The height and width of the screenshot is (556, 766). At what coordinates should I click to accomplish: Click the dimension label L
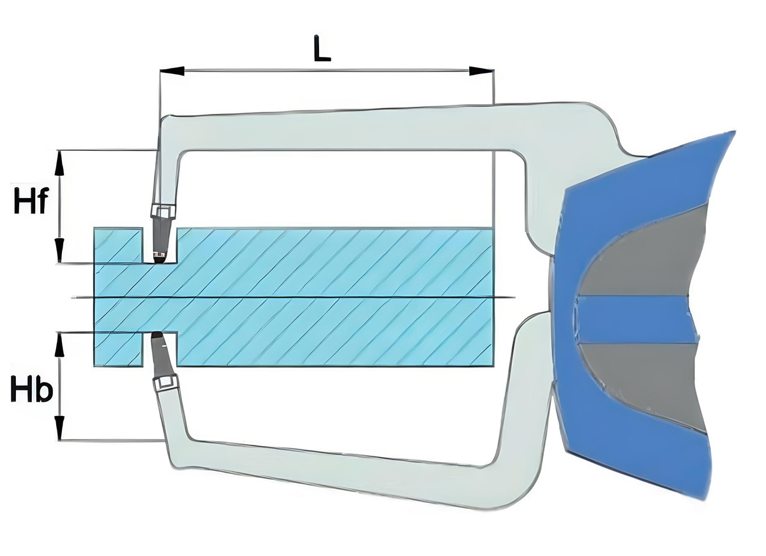click(x=322, y=49)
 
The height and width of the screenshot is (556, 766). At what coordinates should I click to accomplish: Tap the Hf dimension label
click(x=30, y=201)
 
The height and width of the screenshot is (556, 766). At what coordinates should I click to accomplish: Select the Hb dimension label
click(x=31, y=388)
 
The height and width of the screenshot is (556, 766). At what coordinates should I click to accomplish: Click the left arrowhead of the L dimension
click(x=172, y=71)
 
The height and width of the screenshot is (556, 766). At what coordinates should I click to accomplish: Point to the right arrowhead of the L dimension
click(x=481, y=71)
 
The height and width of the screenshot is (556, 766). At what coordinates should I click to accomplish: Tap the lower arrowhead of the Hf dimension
click(x=60, y=251)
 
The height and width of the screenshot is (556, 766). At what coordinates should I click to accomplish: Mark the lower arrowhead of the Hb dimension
click(x=60, y=428)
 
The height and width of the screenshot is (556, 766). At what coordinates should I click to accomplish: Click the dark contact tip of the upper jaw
click(x=160, y=258)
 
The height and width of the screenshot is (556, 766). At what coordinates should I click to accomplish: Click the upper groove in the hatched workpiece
click(x=160, y=245)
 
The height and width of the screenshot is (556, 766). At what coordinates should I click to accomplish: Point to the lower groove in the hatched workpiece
click(x=160, y=348)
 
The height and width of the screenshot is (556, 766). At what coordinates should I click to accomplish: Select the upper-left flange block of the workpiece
click(x=118, y=245)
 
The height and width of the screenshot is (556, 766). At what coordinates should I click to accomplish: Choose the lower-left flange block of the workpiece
click(x=118, y=348)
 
